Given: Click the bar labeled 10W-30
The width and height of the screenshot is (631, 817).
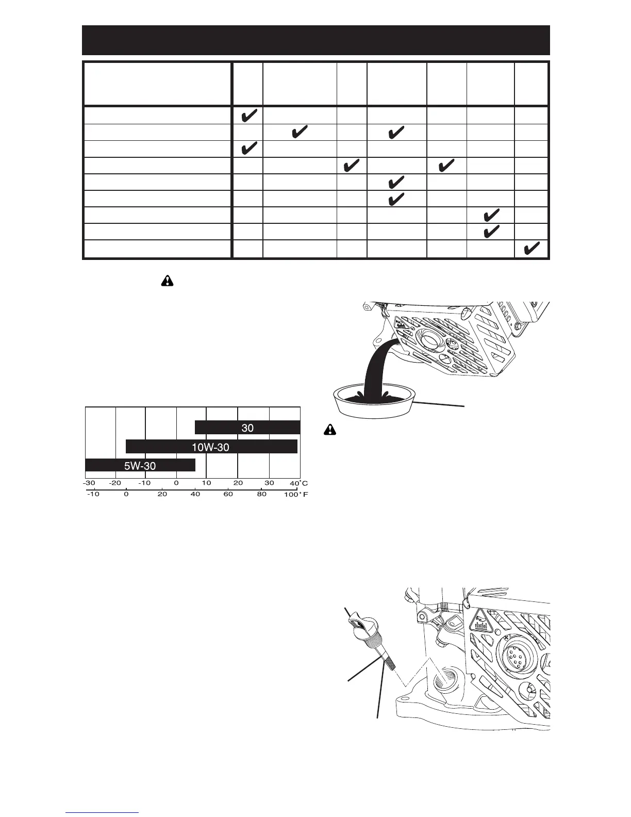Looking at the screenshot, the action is (x=211, y=447).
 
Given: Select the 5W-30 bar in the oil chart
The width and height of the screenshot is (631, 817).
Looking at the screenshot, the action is (x=140, y=465).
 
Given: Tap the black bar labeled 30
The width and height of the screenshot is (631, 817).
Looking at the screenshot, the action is (x=247, y=428).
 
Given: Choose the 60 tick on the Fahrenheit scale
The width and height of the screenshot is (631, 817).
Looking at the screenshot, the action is (x=228, y=494).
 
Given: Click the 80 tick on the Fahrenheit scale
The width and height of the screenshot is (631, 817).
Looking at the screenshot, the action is (x=262, y=494).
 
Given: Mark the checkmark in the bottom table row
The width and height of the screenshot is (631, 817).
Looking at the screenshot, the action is (x=532, y=249).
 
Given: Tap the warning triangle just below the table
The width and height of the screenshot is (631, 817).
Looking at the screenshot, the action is (x=168, y=281).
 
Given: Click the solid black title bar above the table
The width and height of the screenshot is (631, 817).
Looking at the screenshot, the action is (x=315, y=40).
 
